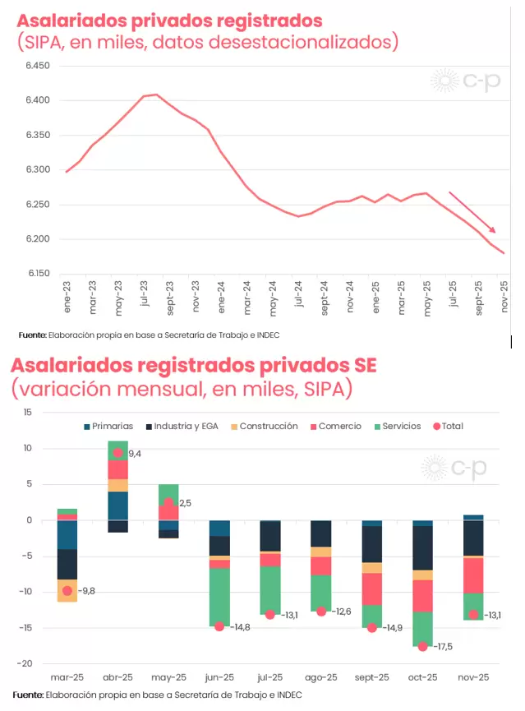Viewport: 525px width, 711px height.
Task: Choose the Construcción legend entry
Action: tap(263, 426)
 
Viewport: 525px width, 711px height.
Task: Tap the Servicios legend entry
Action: tap(394, 426)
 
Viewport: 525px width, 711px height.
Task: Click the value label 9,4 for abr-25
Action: tap(135, 453)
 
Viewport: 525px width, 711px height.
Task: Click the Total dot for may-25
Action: tap(168, 503)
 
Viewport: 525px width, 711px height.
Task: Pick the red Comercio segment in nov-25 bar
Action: tap(473, 575)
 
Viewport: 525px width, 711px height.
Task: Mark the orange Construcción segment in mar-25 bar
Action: tap(67, 591)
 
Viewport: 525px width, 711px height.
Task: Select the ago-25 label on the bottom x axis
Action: tap(321, 678)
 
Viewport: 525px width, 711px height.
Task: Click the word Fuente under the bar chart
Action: tap(29, 695)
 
